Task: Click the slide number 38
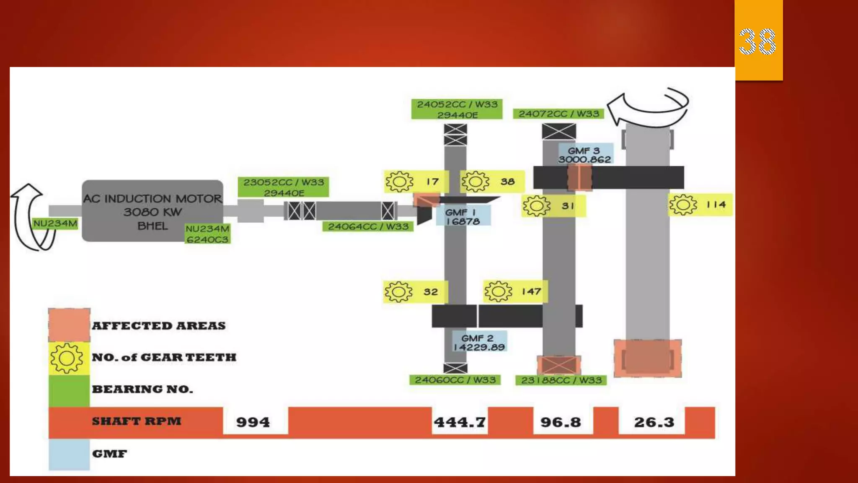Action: (x=757, y=42)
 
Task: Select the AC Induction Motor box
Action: (x=152, y=211)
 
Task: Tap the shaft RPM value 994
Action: (x=253, y=422)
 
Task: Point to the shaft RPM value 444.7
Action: (x=460, y=422)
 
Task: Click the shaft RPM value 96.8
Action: (x=561, y=422)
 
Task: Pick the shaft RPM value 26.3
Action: (x=654, y=422)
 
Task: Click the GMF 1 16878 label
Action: (x=463, y=216)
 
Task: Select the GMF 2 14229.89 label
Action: (x=479, y=342)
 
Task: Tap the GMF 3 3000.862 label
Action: (x=585, y=155)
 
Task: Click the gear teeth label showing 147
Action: (x=515, y=291)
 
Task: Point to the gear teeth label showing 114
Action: (x=700, y=205)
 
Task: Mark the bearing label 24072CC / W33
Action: (x=558, y=114)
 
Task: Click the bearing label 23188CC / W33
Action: (x=561, y=380)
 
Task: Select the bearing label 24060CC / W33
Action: (x=455, y=380)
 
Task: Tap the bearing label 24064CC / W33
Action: (x=368, y=226)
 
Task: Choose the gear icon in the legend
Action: (x=67, y=358)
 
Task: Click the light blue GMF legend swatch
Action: (x=69, y=454)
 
